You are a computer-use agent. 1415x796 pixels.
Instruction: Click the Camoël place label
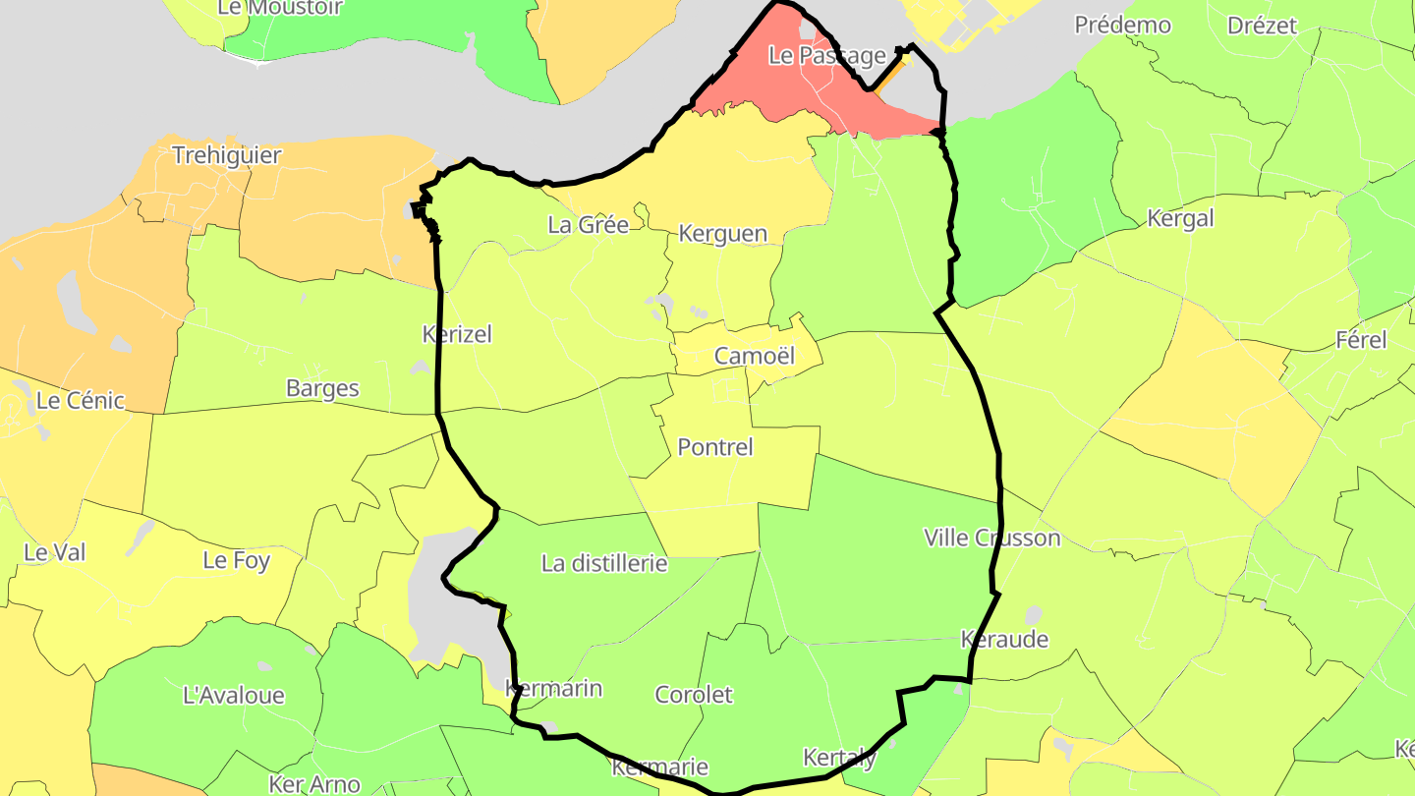pos(754,356)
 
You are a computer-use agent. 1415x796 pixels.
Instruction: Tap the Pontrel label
pos(715,447)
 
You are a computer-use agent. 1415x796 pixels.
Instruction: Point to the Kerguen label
pos(722,234)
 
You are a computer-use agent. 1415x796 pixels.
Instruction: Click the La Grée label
pos(588,225)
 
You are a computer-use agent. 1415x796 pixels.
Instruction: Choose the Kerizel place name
pos(457,334)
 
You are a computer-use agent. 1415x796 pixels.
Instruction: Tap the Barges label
pos(322,388)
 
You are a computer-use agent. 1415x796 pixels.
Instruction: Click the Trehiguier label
pos(226,155)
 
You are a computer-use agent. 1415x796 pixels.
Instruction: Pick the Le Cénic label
pos(81,401)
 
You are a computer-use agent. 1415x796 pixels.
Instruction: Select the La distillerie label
pos(604,563)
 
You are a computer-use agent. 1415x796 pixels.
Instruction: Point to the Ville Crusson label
pos(991,538)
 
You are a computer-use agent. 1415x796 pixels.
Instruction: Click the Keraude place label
pos(1003,640)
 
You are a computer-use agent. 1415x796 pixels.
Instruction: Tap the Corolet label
pos(694,695)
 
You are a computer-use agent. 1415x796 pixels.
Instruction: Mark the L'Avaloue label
pos(234,696)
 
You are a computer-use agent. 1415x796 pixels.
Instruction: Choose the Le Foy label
pos(236,561)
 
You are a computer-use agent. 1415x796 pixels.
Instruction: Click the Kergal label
pos(1180,219)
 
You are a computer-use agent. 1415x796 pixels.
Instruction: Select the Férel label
pos(1361,341)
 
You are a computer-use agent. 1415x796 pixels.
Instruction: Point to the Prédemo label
pos(1122,26)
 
